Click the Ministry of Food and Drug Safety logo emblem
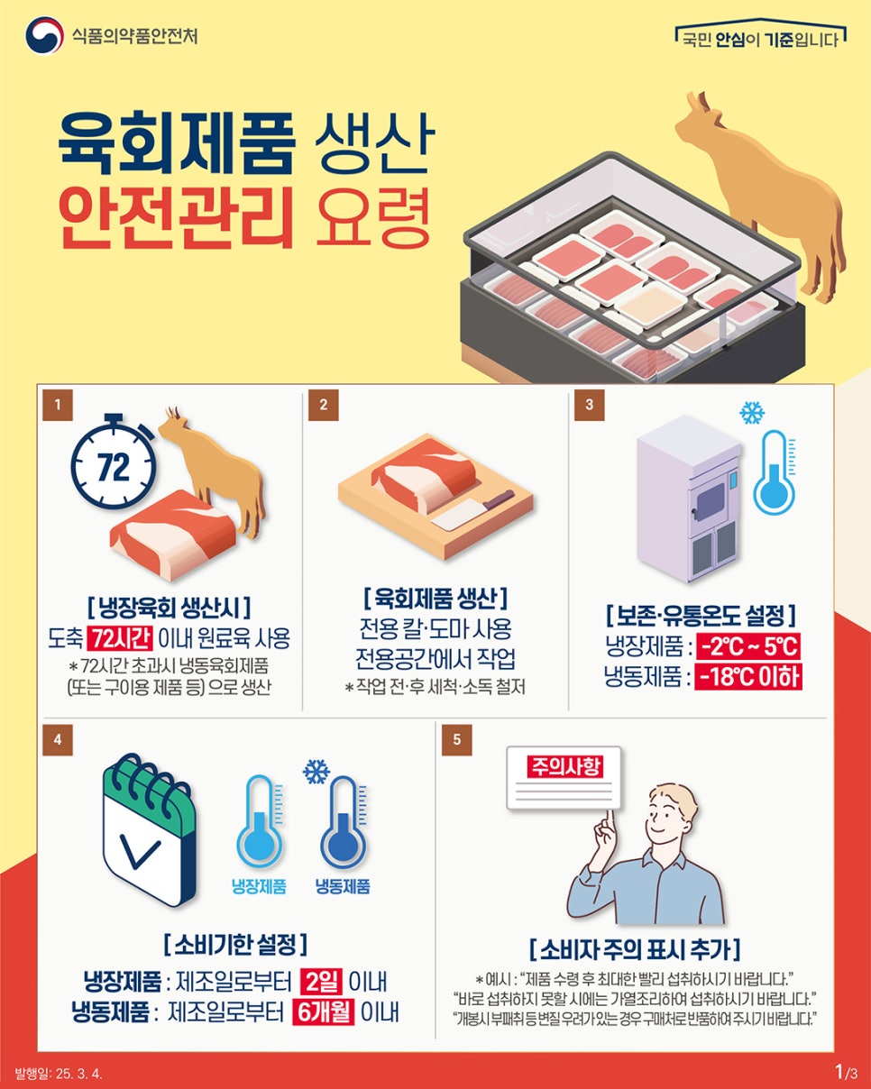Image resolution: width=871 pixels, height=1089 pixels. click(44, 35)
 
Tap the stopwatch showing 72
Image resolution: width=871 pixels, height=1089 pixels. click(114, 462)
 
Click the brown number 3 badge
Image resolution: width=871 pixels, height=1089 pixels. click(589, 405)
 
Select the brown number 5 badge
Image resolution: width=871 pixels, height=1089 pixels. click(456, 740)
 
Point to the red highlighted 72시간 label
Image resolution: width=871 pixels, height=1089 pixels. click(120, 638)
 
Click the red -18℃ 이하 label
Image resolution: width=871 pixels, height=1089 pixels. click(748, 677)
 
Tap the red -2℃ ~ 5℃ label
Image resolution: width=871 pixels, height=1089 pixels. click(748, 646)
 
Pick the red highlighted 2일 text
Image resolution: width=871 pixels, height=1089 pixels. click(321, 983)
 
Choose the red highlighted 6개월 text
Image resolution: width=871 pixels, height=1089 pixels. click(324, 1012)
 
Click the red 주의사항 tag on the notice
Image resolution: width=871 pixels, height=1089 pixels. click(564, 766)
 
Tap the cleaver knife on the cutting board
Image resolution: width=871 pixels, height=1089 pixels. click(473, 510)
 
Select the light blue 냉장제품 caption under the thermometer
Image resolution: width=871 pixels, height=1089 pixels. click(259, 886)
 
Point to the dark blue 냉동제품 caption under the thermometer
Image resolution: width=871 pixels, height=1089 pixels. click(343, 886)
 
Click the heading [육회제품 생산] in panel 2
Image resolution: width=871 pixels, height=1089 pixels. click(435, 599)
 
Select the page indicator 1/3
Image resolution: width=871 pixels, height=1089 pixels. click(846, 1071)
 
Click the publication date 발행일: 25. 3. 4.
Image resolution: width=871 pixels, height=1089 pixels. click(59, 1074)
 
